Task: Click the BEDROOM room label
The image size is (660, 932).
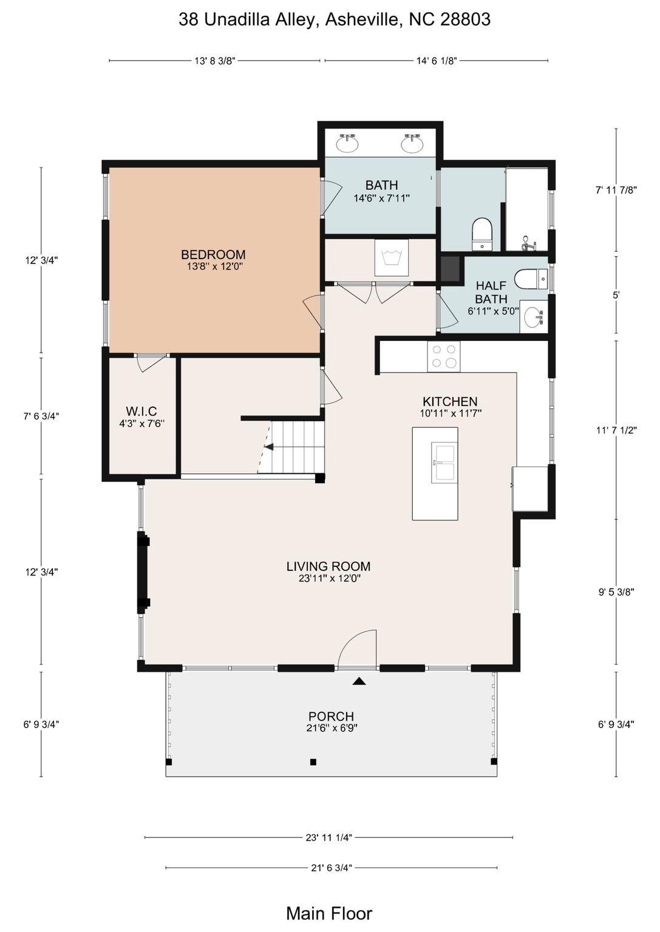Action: click(213, 254)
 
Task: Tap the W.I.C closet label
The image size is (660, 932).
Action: click(141, 411)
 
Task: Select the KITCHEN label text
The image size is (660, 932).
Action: click(450, 402)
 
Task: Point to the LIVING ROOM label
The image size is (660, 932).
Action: click(328, 566)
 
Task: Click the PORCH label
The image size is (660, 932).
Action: click(331, 717)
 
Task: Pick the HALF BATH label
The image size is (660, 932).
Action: click(491, 292)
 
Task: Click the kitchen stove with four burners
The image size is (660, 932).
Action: click(444, 356)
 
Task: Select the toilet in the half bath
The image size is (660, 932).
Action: click(531, 279)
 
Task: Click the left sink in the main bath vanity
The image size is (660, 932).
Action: click(347, 144)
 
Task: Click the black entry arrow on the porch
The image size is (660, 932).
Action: click(359, 681)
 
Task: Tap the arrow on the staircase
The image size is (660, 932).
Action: click(269, 447)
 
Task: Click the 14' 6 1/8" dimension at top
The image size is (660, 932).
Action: click(437, 61)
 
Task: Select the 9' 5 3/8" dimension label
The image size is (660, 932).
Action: click(616, 592)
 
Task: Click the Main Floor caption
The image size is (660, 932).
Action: click(329, 913)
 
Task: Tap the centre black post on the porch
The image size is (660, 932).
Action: click(313, 762)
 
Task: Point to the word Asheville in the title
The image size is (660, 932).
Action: click(364, 19)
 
